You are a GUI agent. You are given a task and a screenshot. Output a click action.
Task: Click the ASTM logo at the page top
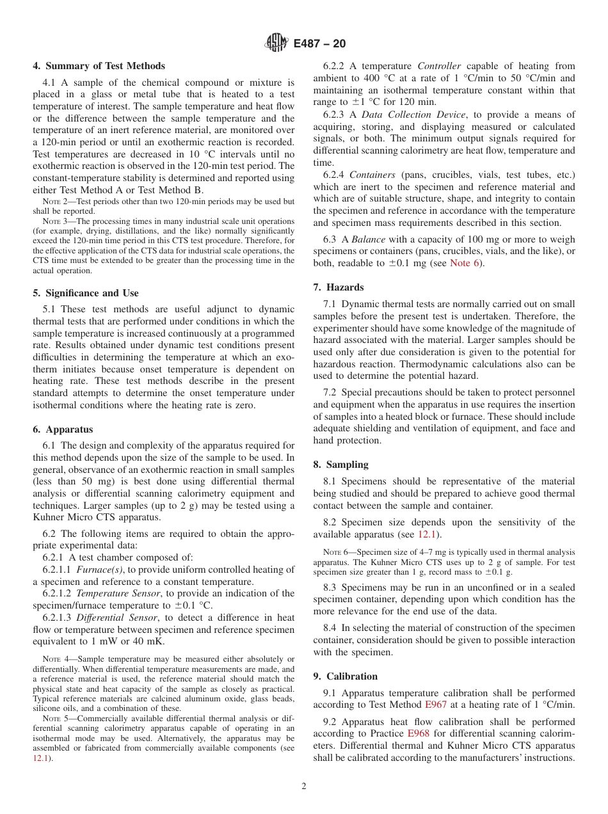click(x=276, y=44)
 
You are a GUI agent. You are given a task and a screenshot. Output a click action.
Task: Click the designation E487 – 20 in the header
click(x=319, y=44)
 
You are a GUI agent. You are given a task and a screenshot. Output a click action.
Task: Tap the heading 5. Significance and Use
click(x=85, y=293)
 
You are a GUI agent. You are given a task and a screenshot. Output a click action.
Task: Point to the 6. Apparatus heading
click(x=63, y=429)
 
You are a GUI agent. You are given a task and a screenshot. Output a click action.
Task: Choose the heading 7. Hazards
click(x=339, y=287)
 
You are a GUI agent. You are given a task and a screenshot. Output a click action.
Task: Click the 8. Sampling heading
click(x=340, y=465)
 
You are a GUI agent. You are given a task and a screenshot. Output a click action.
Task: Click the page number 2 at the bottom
click(x=304, y=786)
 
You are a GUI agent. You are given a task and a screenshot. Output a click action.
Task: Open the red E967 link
click(x=436, y=705)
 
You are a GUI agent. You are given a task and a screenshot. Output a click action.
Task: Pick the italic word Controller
click(x=439, y=66)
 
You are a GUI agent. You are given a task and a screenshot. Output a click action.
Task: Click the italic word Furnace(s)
click(x=97, y=570)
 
